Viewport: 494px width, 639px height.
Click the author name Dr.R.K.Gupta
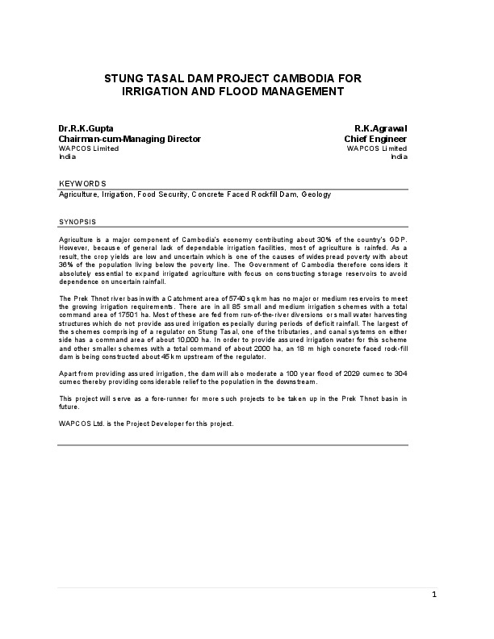click(x=86, y=128)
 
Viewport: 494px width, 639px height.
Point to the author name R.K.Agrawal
click(x=381, y=128)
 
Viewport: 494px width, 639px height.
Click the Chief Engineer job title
click(x=376, y=139)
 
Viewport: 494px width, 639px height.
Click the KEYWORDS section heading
click(x=82, y=184)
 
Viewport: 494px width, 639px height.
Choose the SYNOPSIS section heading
click(x=78, y=220)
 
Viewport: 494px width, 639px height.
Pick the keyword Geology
click(x=316, y=194)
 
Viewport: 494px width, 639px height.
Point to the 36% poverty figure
click(x=68, y=264)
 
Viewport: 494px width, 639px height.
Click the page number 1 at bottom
click(x=433, y=595)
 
